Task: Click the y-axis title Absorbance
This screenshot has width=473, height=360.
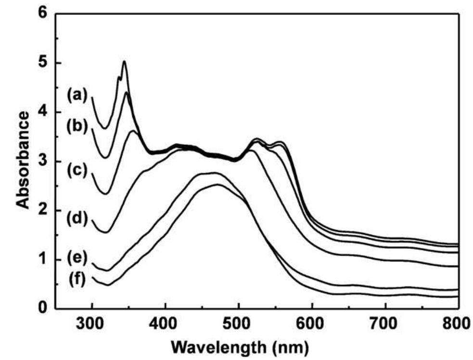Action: click(x=23, y=159)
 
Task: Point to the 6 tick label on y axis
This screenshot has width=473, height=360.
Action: click(x=44, y=13)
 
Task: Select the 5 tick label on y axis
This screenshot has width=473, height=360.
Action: click(x=44, y=63)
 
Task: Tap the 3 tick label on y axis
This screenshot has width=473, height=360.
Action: click(x=44, y=161)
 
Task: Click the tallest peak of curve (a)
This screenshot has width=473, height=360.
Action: click(x=124, y=61)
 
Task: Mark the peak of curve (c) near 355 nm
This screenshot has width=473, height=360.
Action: click(x=133, y=130)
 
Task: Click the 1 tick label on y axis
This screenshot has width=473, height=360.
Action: click(x=44, y=259)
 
